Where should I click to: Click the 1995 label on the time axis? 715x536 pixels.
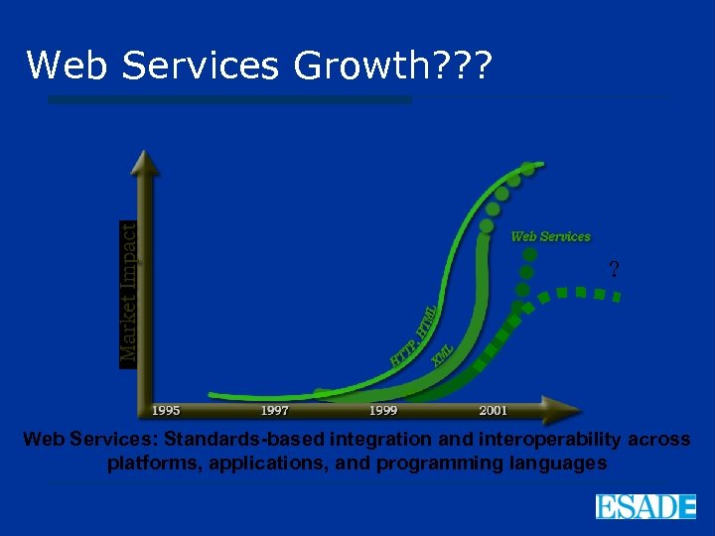167,410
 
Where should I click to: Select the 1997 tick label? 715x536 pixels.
275,410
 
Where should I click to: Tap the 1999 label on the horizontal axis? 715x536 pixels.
382,410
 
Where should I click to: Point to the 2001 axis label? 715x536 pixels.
493,410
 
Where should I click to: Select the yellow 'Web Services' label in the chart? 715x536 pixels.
550,236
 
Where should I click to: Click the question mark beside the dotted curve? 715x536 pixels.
614,269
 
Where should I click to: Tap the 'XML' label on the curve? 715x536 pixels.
444,354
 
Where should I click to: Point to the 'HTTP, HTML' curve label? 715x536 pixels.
414,335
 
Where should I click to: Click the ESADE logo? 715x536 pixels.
645,506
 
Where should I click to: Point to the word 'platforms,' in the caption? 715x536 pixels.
148,464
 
